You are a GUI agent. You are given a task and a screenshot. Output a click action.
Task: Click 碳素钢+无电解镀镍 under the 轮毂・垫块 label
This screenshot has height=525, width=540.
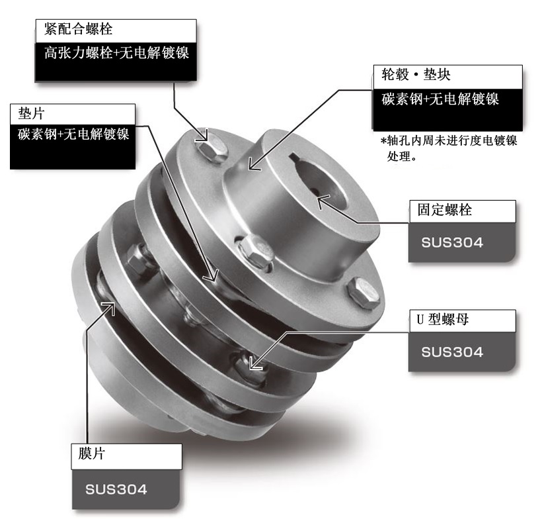[x=440, y=99]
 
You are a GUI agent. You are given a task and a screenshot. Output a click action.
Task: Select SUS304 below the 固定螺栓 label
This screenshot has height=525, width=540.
[x=453, y=242]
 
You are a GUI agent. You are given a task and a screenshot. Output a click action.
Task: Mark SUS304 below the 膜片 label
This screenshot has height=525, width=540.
[x=116, y=490]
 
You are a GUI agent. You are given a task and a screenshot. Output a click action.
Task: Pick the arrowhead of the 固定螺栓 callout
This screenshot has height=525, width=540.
[x=322, y=198]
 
